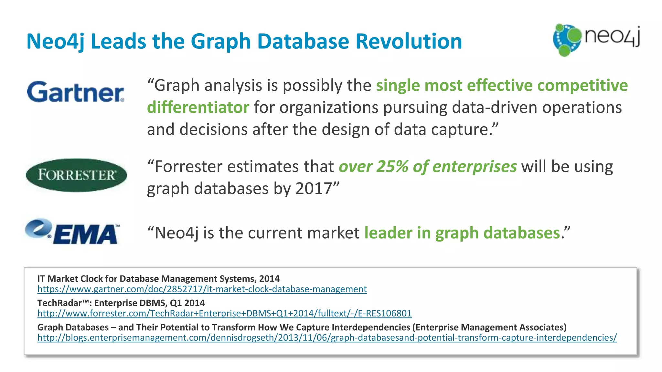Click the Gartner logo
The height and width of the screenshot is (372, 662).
tap(75, 92)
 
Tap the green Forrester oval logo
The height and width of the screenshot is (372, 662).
tap(76, 175)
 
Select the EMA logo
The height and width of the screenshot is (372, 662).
tap(72, 232)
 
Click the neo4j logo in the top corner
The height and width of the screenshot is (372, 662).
tap(596, 39)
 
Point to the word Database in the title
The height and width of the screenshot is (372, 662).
tap(303, 41)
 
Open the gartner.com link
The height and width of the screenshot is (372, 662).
tap(202, 289)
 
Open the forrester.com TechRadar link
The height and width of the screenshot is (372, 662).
tap(224, 313)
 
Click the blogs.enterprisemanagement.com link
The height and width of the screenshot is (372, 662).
tap(327, 337)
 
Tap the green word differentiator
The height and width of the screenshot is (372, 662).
tap(198, 107)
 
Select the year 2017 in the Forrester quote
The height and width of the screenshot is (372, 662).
tap(314, 188)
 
